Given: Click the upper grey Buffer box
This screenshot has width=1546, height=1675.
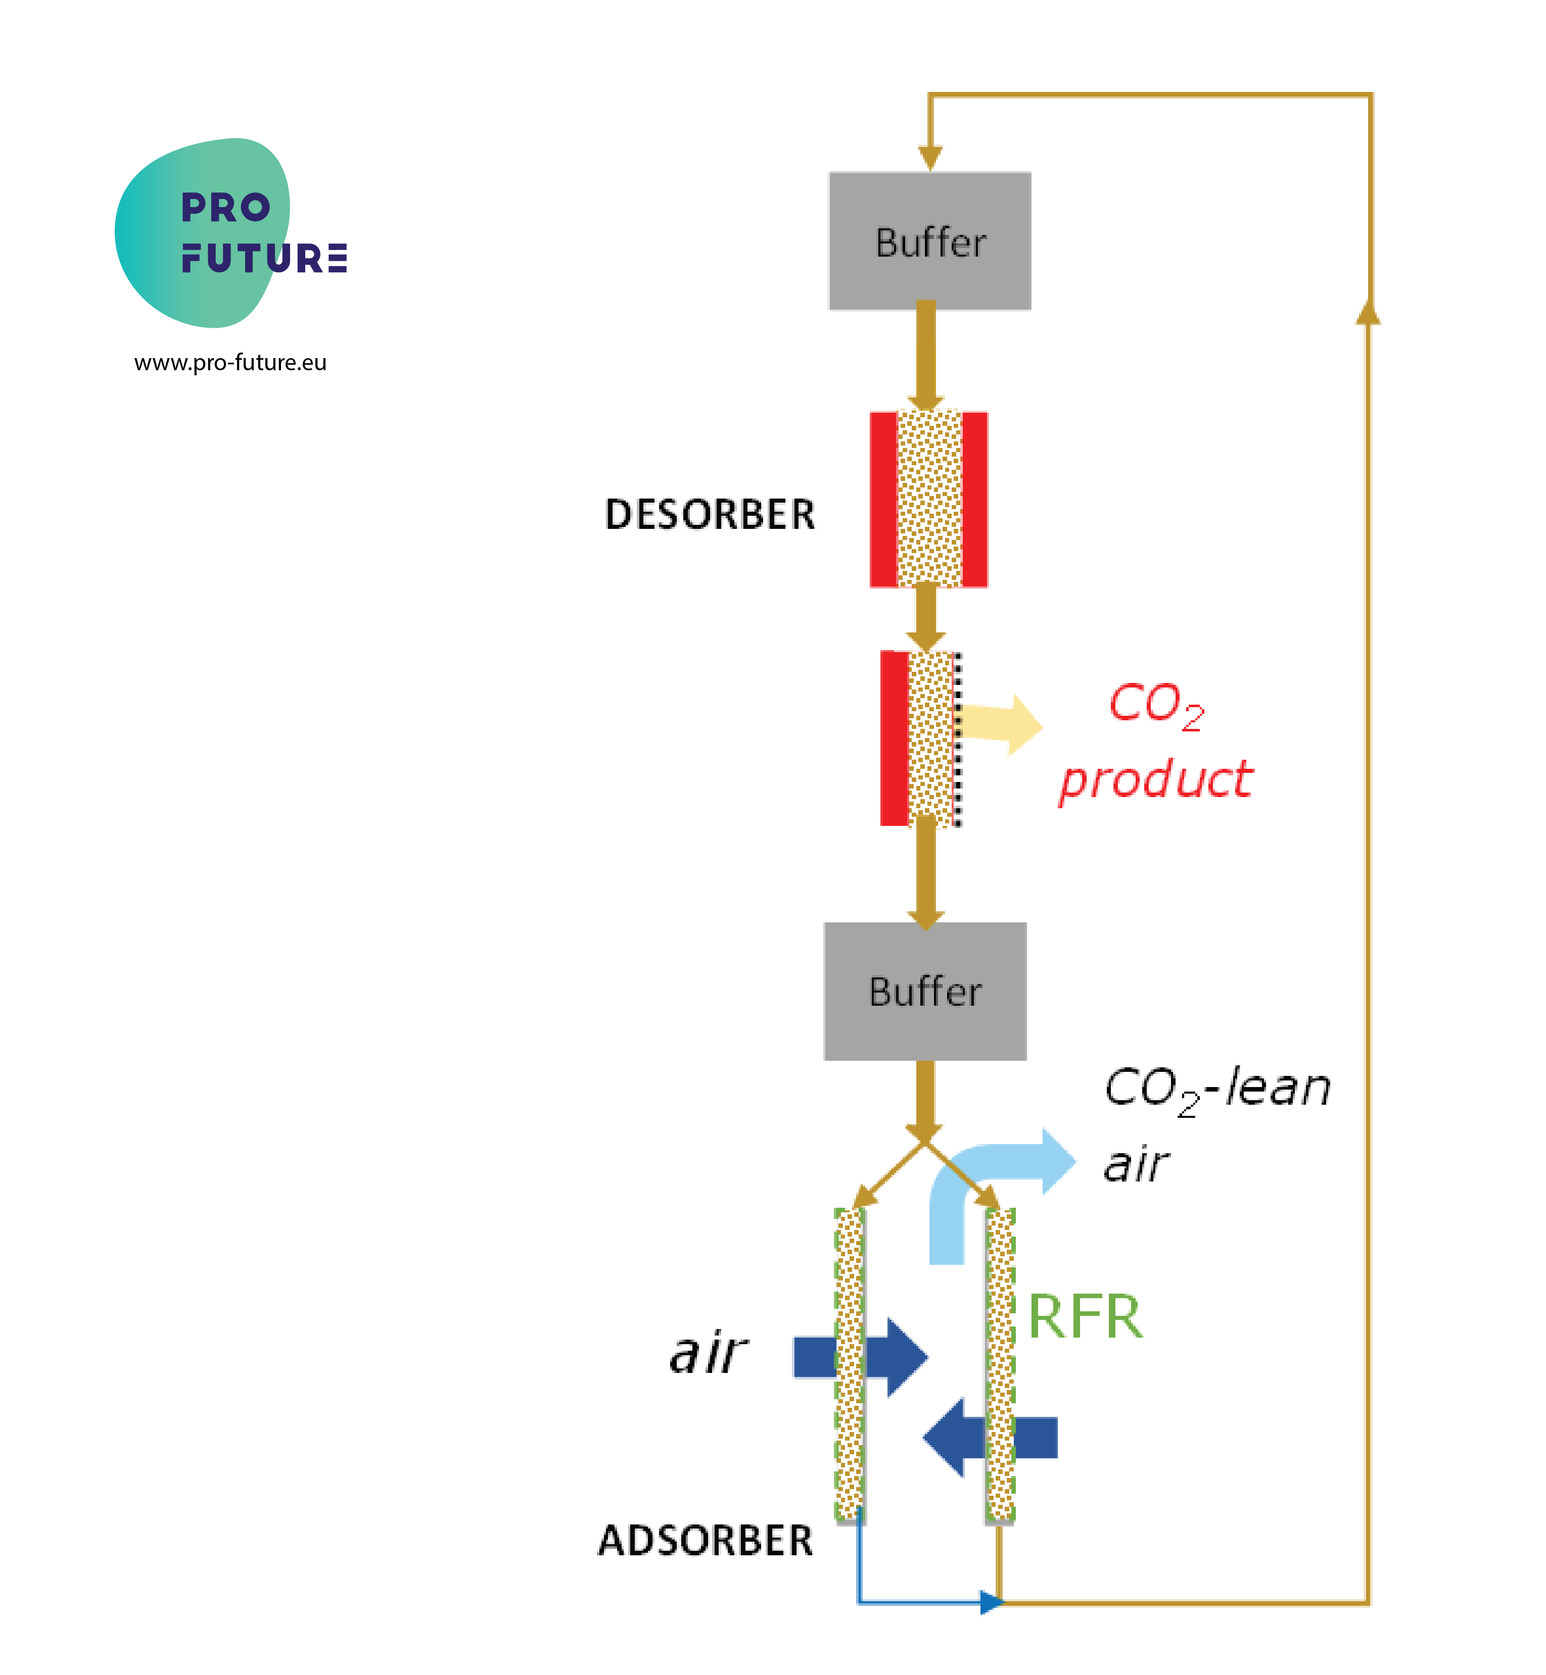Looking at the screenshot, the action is pos(929,241).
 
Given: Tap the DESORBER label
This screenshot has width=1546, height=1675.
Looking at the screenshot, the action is pos(710,514).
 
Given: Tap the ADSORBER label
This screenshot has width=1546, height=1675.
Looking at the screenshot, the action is pos(705,1540).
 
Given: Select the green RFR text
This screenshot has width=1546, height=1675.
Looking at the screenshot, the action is pos(1084,1316).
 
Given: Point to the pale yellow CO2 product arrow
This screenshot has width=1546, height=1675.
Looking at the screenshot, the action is pos(1001,724).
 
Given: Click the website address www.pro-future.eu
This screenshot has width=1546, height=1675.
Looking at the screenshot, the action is pos(230,363).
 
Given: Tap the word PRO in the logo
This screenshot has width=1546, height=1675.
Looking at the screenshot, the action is pos(226,208).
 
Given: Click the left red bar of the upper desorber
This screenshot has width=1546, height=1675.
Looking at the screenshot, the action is pos(883,499).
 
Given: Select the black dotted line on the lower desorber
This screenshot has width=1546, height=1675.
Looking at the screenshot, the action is pos(958,739).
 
